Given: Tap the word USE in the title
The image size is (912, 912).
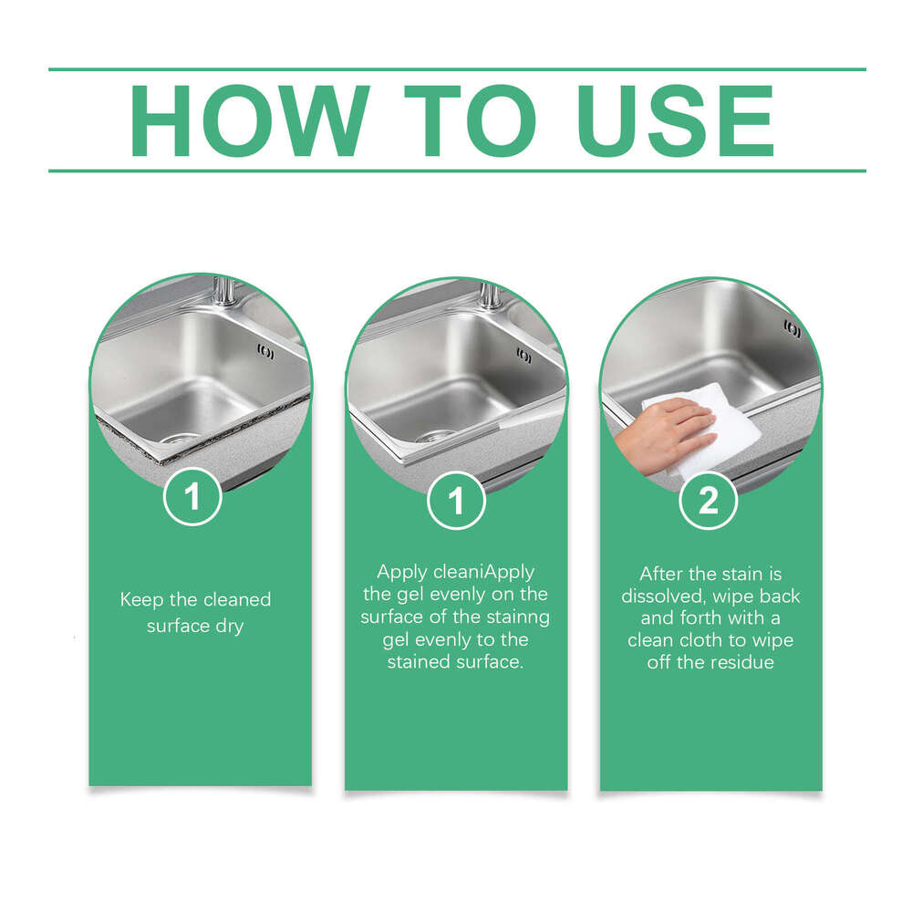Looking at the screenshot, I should [x=676, y=121].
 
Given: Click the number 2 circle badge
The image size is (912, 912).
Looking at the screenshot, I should [x=709, y=501].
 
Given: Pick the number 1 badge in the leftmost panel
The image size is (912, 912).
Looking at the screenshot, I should [x=192, y=497].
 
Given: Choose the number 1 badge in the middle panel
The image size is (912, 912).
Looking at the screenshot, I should [x=456, y=501].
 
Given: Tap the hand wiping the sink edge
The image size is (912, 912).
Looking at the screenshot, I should [x=661, y=429].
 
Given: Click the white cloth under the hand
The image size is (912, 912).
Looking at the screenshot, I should [x=720, y=429].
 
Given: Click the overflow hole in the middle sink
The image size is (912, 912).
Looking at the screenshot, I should [x=523, y=357].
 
